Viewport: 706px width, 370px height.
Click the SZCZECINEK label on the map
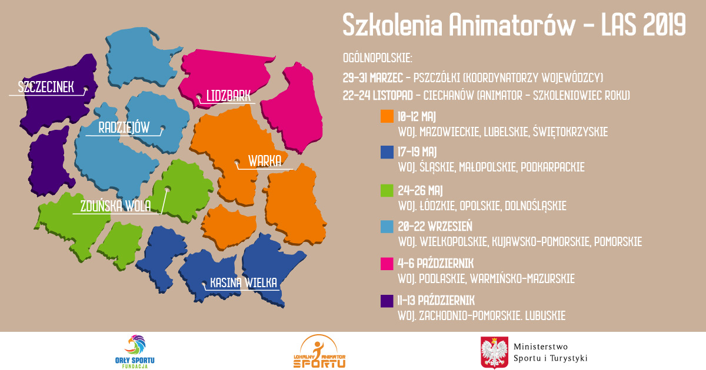(46, 87)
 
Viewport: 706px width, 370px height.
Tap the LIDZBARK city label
(228, 96)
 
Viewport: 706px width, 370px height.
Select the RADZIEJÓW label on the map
(124, 127)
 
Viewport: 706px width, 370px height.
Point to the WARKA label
(265, 161)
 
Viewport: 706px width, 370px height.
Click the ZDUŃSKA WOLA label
(116, 206)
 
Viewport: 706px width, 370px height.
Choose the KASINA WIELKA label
(244, 282)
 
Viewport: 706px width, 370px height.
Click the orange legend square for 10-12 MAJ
(387, 116)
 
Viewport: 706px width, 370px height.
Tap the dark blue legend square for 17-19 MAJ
(387, 152)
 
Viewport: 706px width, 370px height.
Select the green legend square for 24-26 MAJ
(387, 190)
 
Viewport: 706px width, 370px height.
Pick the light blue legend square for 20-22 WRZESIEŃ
(387, 227)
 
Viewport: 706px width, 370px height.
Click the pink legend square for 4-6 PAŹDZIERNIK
(387, 264)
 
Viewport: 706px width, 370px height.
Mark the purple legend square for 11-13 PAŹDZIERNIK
(387, 301)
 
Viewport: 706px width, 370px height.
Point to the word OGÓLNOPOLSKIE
(378, 58)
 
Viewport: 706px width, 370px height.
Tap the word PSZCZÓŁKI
(437, 78)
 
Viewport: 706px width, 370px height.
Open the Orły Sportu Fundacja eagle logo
(135, 351)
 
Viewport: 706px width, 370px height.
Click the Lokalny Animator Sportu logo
(319, 351)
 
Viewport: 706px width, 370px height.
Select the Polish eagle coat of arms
(494, 352)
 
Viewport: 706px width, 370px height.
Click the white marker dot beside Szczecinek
(85, 89)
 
